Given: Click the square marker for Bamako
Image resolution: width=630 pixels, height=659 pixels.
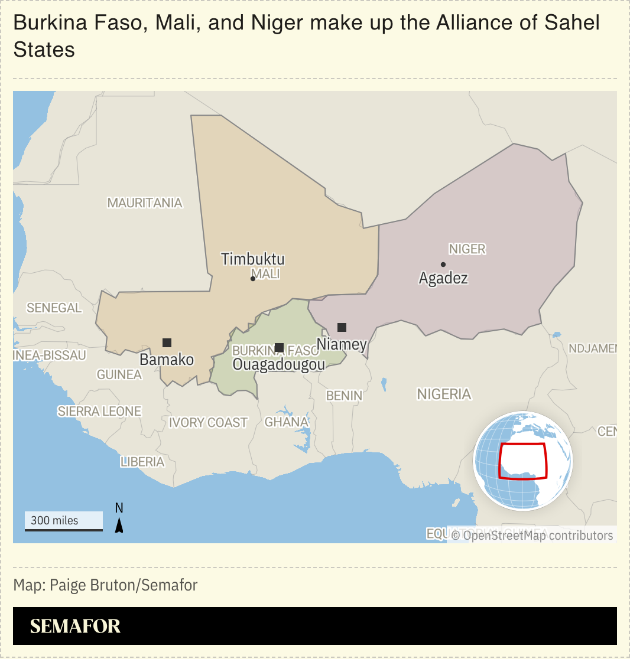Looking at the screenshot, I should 167,342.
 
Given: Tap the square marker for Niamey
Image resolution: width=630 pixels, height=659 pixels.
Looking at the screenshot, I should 342,327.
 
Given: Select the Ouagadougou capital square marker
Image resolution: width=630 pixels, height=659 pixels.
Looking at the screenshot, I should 279,347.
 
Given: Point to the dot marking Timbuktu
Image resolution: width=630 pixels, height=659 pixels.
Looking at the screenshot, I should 253,279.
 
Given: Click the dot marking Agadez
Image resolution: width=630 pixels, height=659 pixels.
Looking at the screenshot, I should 443,265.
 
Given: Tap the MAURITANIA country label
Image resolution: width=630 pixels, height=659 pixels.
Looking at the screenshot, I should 145,203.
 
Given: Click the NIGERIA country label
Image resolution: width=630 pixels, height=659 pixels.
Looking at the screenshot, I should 444,394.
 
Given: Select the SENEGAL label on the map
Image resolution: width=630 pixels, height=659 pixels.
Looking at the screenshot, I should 54,308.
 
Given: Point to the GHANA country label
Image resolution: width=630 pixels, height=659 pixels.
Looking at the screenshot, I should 287,422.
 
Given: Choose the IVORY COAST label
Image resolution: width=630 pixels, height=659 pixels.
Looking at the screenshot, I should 208,423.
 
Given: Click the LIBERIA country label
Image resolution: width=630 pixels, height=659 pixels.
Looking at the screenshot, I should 142,462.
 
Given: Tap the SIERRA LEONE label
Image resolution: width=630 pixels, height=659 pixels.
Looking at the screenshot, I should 99,412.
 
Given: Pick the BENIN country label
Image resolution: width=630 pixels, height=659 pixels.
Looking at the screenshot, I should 344,396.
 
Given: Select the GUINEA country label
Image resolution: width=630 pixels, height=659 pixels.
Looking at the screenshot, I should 119,374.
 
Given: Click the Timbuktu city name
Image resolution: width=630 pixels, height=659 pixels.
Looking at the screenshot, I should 252,259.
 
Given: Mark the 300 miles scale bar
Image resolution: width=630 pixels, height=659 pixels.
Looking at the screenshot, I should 64,521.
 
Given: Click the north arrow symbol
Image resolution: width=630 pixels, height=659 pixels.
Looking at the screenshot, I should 119,524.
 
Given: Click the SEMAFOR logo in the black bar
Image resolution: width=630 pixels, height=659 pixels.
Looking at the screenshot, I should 75,627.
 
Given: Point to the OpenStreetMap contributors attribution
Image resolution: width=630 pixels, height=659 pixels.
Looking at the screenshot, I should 532,536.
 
